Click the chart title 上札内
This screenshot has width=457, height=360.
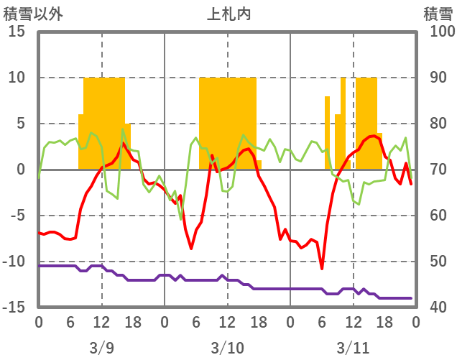click(x=228, y=13)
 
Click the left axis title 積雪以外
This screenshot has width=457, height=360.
click(x=28, y=13)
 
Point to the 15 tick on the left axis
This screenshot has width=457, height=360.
click(x=17, y=32)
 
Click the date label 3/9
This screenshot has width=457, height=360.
click(x=101, y=348)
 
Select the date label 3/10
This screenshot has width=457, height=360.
click(x=227, y=348)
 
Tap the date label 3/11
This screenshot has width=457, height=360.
click(x=353, y=348)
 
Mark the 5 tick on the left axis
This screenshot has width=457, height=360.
click(x=22, y=124)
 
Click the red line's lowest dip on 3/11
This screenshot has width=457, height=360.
click(x=322, y=269)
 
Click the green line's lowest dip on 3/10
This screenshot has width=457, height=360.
click(x=180, y=218)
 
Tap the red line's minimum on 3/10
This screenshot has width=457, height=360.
click(x=191, y=249)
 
